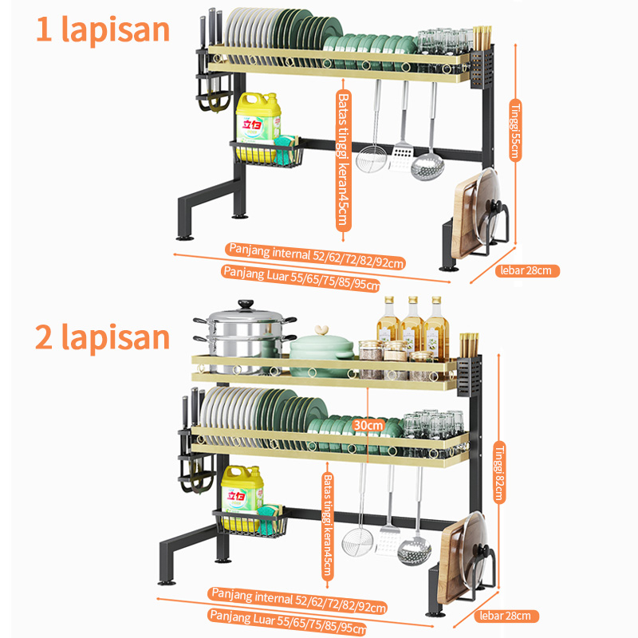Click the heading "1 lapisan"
(x=103, y=30)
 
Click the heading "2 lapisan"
(x=102, y=337)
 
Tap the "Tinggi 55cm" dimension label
(x=515, y=130)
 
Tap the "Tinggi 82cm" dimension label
(x=499, y=472)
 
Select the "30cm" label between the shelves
(x=368, y=425)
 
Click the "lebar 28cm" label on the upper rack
(x=527, y=270)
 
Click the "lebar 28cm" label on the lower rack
(x=506, y=616)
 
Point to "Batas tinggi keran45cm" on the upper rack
(x=344, y=161)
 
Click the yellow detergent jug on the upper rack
(x=258, y=126)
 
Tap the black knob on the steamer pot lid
(x=246, y=304)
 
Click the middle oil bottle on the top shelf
(x=412, y=325)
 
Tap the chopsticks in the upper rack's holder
(x=482, y=38)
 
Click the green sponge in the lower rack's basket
(x=270, y=519)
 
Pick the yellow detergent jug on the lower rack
(x=242, y=498)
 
